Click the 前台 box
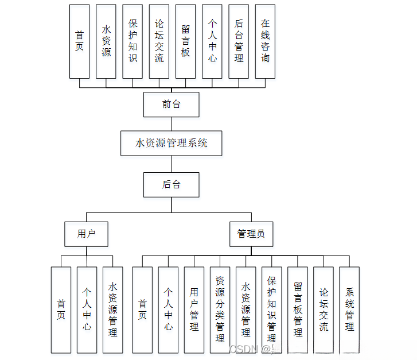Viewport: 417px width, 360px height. pos(172,104)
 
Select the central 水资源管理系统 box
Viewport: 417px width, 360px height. pos(172,143)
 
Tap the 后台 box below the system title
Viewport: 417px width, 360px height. pos(172,184)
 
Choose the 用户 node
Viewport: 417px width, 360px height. pos(86,234)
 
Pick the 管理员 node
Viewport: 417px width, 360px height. pos(251,234)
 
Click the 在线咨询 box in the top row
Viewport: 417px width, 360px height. pos(265,41)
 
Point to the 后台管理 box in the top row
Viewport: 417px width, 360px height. pos(239,41)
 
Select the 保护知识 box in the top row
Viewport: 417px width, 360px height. pos(132,41)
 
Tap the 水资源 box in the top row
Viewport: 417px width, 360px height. pos(106,41)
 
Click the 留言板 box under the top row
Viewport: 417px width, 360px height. pos(185,41)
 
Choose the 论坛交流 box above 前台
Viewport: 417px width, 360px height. pos(159,41)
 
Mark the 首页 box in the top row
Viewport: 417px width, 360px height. pos(79,41)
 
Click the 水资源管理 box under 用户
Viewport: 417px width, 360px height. pos(113,310)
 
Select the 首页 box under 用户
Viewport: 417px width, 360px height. pos(61,310)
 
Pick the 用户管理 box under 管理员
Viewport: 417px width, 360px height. pos(194,310)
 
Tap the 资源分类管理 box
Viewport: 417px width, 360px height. pos(220,310)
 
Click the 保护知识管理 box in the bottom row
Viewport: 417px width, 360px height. pos(271,310)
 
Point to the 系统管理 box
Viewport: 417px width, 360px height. pos(349,310)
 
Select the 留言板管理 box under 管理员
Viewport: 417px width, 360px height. pos(298,310)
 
